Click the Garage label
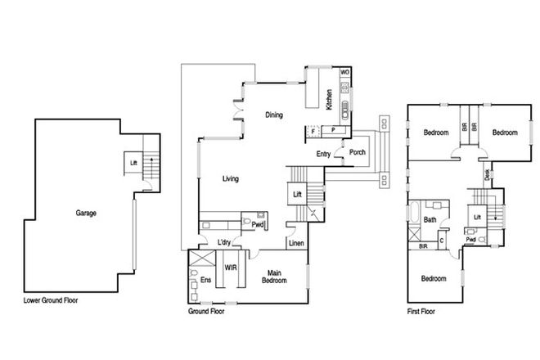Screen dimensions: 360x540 click(x=87, y=214)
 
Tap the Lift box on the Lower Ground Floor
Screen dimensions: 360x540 click(x=133, y=163)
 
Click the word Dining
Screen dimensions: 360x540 click(x=274, y=115)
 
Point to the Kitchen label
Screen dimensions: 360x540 click(x=329, y=100)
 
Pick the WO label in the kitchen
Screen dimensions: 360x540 click(x=344, y=73)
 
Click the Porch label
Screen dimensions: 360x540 click(x=358, y=152)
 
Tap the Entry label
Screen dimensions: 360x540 click(x=324, y=153)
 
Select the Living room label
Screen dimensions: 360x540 click(x=230, y=178)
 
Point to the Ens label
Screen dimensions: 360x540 click(x=205, y=280)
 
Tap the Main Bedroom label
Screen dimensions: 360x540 click(x=275, y=277)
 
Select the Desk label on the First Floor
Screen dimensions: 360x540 click(x=488, y=173)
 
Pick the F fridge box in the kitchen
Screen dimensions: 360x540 click(x=313, y=130)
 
